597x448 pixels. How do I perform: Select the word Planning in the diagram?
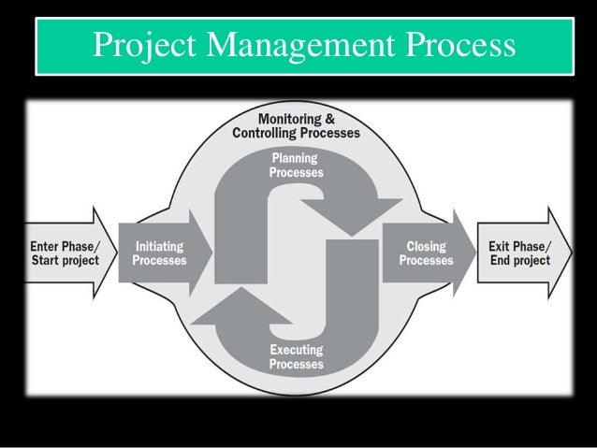pyautogui.click(x=296, y=158)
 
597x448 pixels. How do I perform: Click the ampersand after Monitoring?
pyautogui.click(x=331, y=119)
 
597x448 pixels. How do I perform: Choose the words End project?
pyautogui.click(x=519, y=260)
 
